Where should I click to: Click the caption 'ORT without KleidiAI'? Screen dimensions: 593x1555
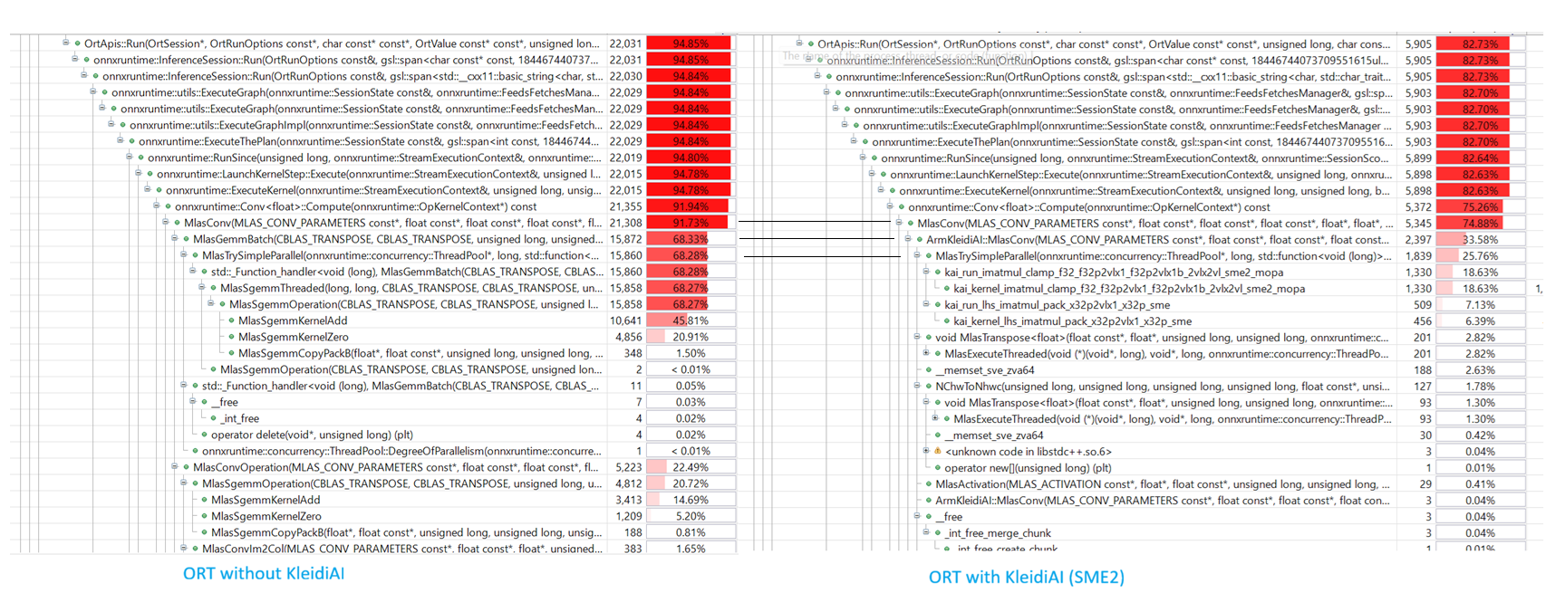pos(264,573)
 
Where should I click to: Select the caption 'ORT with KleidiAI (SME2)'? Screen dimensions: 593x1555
pos(1026,577)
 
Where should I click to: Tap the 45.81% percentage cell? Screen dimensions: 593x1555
pos(690,320)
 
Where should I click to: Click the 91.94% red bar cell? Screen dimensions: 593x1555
pos(690,206)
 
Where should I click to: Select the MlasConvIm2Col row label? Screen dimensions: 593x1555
pos(399,549)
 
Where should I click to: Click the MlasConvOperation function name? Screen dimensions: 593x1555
pos(395,467)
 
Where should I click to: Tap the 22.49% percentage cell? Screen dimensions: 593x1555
pos(690,467)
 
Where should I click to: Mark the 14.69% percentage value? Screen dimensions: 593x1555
pos(690,500)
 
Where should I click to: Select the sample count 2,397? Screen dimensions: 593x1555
pos(1418,240)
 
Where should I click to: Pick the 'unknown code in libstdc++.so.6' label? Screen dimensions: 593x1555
pos(1028,452)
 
